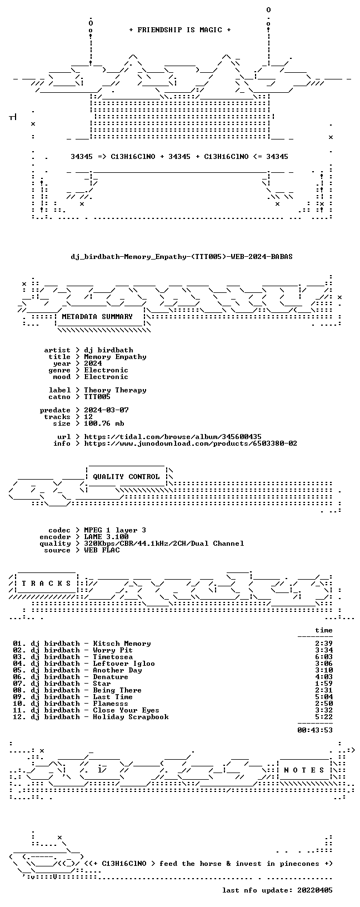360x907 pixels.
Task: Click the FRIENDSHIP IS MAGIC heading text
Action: [x=180, y=30]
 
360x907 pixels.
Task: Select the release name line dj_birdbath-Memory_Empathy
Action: [x=182, y=257]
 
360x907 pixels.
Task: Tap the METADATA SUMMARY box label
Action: [x=97, y=317]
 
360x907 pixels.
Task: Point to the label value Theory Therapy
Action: [x=115, y=390]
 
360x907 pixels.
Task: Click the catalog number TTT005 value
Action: [x=97, y=397]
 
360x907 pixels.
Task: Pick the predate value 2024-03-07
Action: [x=106, y=410]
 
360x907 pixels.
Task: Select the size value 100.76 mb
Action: [x=104, y=423]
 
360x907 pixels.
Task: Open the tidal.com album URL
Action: [x=173, y=437]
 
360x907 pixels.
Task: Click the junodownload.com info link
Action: [x=191, y=443]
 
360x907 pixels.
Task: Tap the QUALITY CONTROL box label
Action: [x=126, y=477]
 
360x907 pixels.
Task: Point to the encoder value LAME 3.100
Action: [x=106, y=537]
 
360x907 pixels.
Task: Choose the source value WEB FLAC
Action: [x=102, y=550]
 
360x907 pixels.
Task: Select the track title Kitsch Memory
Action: [x=122, y=644]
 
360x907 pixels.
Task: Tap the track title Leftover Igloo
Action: [x=124, y=664]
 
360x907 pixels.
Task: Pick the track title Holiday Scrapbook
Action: [x=131, y=717]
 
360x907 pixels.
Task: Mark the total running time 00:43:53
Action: [x=315, y=730]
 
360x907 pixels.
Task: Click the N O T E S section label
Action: [x=304, y=770]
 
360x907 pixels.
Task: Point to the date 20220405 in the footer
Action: [x=315, y=890]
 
